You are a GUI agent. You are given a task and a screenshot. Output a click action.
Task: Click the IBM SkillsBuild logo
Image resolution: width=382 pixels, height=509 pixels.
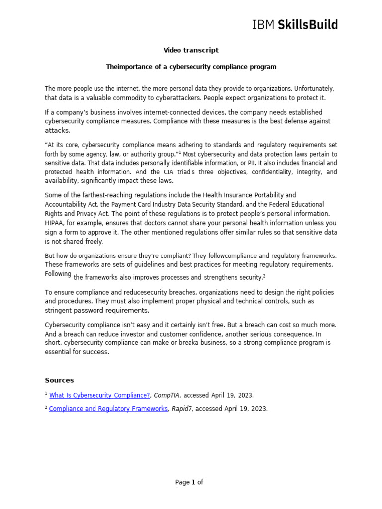(x=295, y=24)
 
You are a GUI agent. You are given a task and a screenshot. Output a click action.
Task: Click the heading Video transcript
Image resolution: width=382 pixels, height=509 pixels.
(x=191, y=50)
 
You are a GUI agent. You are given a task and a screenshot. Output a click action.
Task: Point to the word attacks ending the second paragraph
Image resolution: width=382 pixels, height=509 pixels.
(x=57, y=130)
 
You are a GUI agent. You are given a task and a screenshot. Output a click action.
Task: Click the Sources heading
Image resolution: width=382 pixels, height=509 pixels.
(x=59, y=380)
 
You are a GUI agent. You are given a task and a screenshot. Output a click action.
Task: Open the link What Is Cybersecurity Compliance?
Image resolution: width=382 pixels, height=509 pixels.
(x=99, y=395)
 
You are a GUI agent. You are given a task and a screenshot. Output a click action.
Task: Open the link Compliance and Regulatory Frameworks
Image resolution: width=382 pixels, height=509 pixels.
(x=108, y=409)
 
